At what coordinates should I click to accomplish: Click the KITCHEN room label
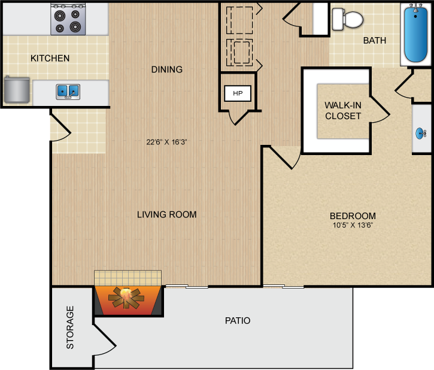click(50, 58)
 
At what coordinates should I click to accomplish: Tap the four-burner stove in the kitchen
click(68, 19)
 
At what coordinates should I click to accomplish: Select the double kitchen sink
click(68, 92)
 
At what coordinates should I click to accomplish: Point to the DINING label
click(167, 69)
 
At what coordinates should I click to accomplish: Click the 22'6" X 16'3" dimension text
click(166, 142)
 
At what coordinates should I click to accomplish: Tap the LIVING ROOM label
click(167, 214)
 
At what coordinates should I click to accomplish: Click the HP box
click(238, 93)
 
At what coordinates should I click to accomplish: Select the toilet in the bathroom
click(347, 19)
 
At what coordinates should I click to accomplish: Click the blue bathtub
click(415, 34)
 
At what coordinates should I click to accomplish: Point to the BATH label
click(375, 40)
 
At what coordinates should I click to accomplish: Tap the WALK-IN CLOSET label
click(343, 110)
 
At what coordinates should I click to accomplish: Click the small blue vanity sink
click(420, 134)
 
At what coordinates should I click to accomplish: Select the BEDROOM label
click(353, 216)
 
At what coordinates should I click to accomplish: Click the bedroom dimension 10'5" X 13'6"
click(353, 225)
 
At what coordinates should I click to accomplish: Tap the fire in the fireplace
click(126, 298)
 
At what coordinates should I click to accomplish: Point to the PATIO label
click(238, 320)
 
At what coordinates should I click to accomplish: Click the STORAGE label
click(70, 327)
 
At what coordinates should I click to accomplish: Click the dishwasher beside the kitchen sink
click(17, 90)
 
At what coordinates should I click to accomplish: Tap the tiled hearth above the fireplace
click(128, 278)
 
